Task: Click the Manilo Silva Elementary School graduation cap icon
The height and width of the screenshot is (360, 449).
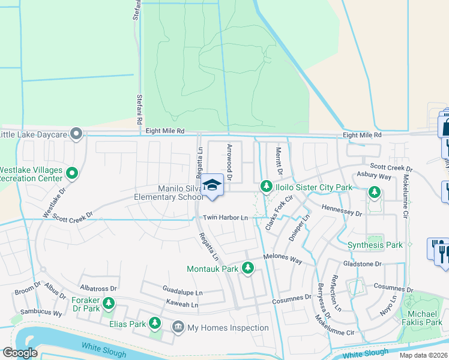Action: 212,184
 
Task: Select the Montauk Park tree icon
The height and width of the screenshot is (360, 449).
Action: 247,269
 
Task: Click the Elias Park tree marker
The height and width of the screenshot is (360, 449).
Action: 155,324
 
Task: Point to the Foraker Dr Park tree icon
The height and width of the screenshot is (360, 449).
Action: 109,304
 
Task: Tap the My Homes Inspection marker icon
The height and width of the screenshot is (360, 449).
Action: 178,328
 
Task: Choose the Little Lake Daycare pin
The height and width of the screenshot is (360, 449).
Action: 76,134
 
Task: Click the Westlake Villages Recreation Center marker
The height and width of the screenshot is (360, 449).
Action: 72,174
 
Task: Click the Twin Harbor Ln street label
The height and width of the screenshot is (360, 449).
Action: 225,217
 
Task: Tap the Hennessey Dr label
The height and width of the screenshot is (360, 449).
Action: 342,213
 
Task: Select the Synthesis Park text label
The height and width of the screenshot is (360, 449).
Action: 375,245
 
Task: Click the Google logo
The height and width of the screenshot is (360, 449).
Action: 20,353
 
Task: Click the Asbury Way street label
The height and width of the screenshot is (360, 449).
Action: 374,176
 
